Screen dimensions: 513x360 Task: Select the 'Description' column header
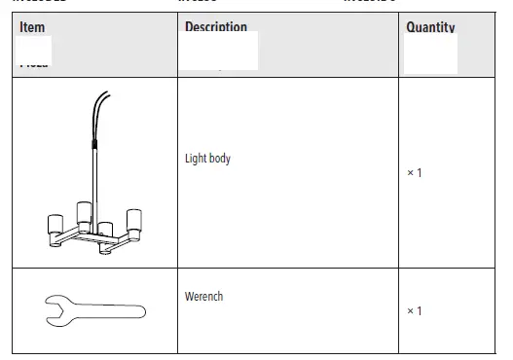(215, 26)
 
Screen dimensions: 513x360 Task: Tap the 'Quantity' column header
(429, 26)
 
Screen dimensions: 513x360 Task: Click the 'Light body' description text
(207, 158)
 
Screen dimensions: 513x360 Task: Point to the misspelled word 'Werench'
(203, 296)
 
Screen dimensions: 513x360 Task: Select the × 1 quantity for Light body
(414, 173)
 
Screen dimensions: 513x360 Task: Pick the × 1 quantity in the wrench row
(414, 310)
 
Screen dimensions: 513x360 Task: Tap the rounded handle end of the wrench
(137, 311)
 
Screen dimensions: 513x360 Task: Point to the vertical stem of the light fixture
(95, 185)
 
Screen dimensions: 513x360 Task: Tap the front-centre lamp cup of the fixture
(105, 234)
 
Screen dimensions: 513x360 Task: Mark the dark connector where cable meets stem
(94, 145)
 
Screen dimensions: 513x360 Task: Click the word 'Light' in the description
(195, 158)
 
